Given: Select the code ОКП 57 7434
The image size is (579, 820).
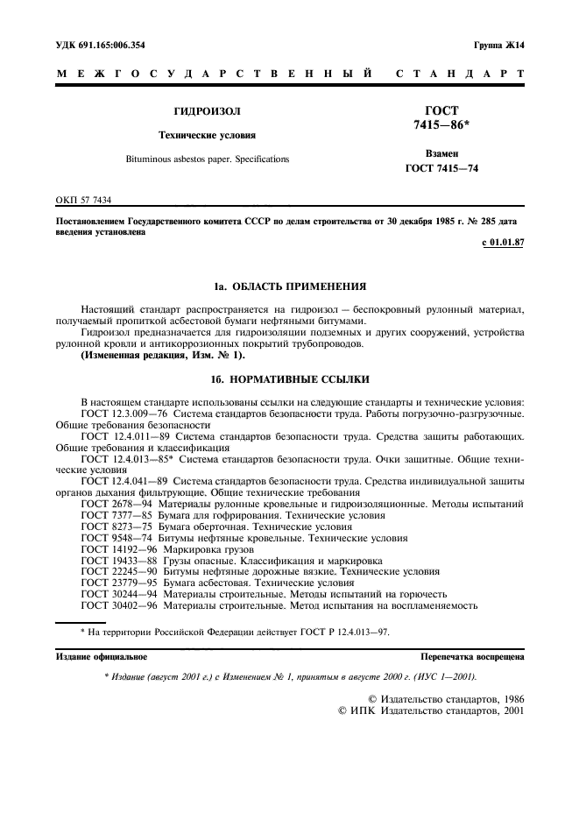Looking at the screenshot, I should tap(83, 201).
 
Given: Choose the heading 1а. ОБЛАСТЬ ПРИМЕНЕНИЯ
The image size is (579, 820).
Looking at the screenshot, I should tap(289, 287).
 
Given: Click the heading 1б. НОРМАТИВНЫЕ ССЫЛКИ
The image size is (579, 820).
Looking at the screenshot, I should tap(289, 380).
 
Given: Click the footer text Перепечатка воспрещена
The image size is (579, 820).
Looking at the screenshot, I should tap(472, 656).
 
